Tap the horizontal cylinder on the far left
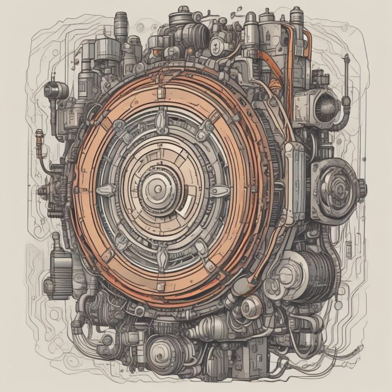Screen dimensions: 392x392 coord(55,90)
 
